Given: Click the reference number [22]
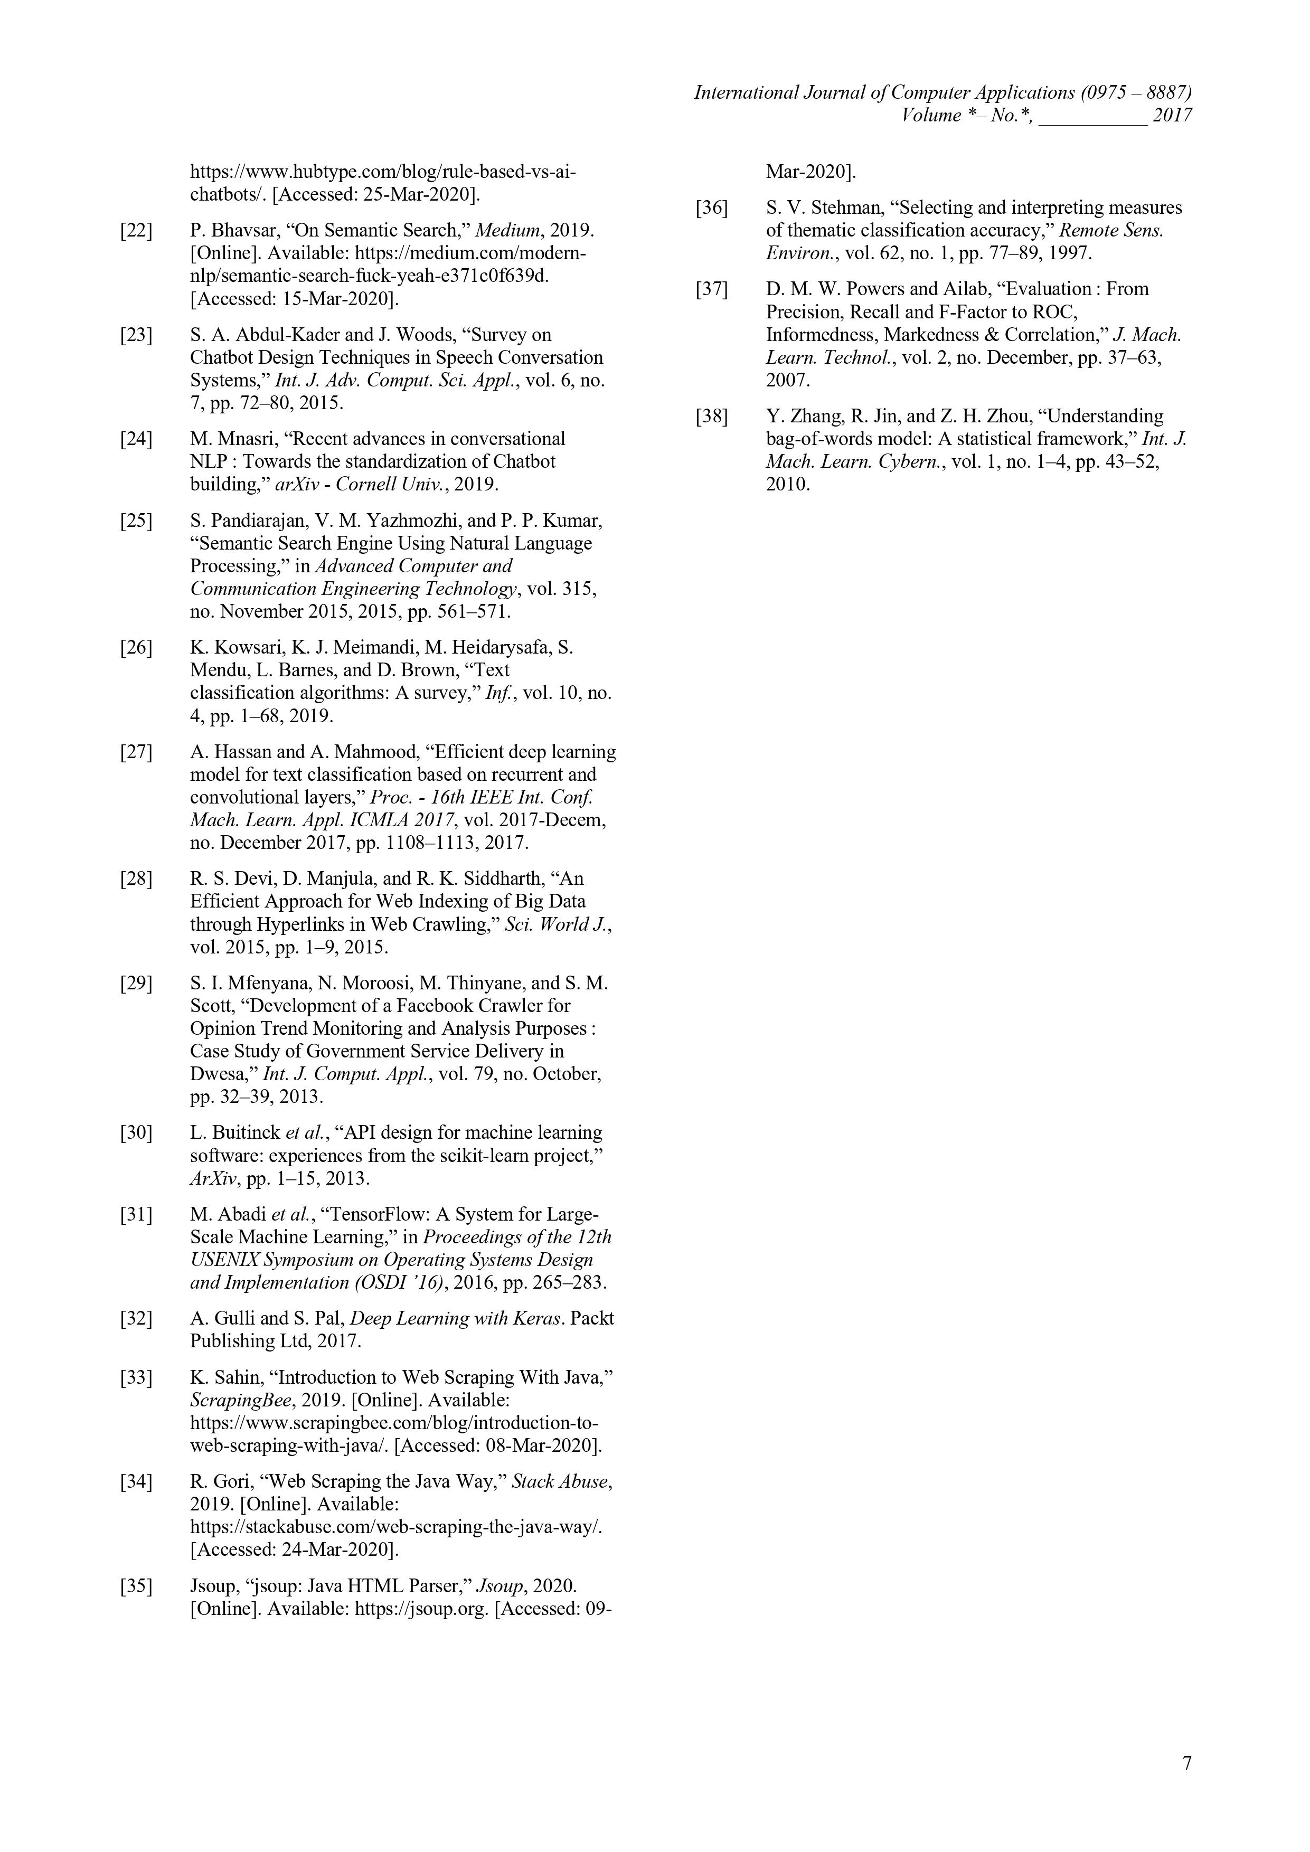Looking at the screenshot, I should click(136, 231).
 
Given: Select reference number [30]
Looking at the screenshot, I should click(136, 1133).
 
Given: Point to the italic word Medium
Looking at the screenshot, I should click(506, 231).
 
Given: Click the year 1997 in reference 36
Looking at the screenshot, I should click(1072, 253).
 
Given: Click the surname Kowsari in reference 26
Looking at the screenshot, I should click(238, 648).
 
